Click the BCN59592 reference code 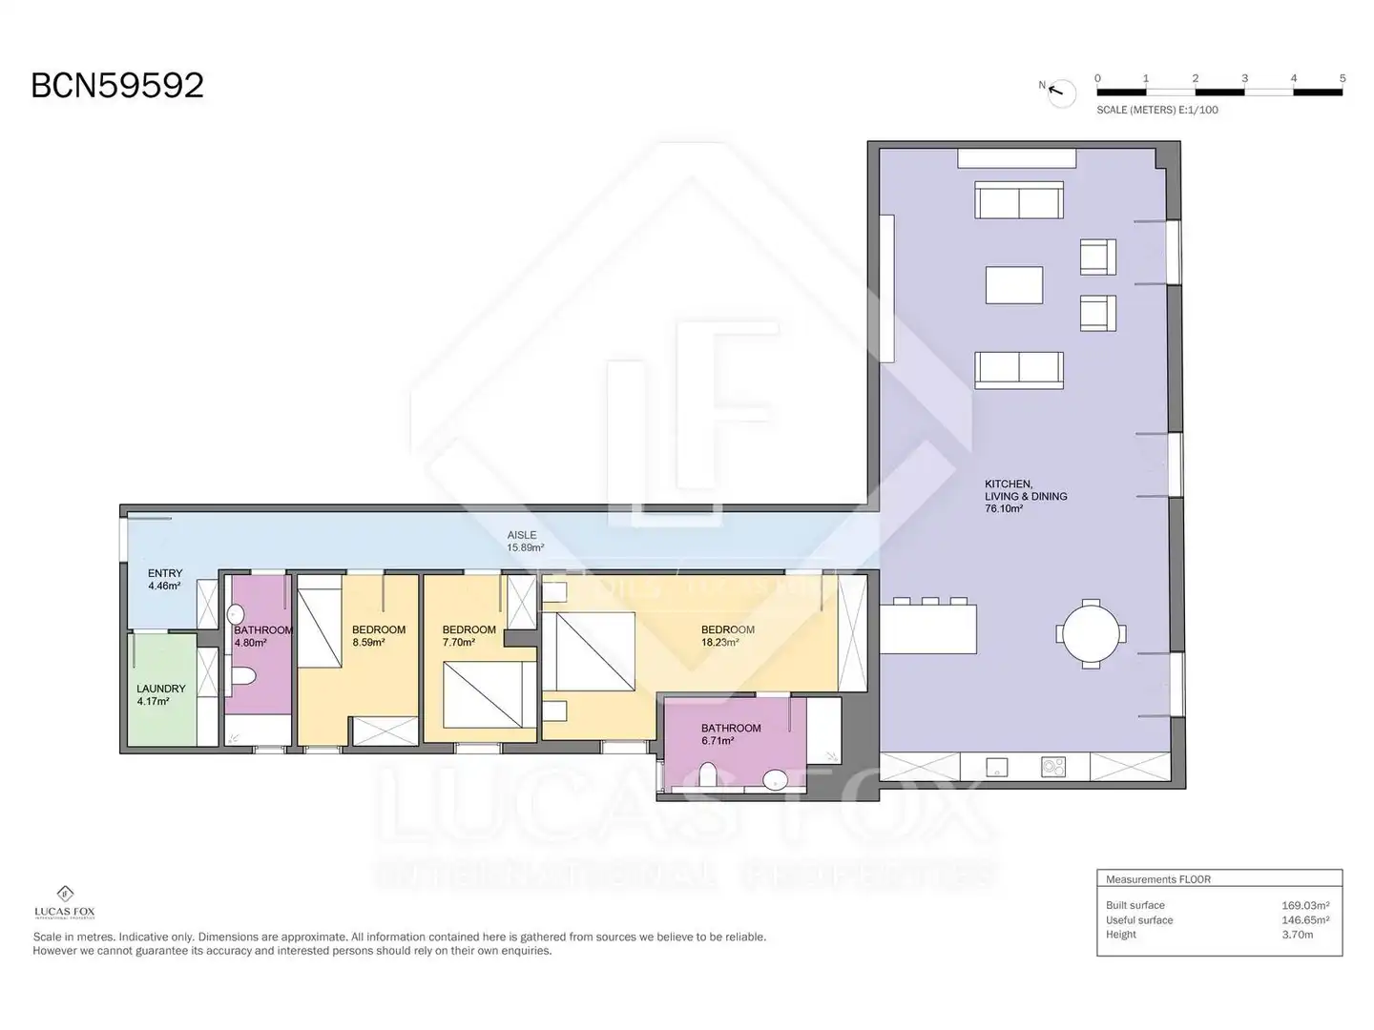point(117,85)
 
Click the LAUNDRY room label point(161,688)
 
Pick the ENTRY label point(165,573)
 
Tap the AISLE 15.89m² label point(525,541)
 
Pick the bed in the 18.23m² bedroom point(589,651)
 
